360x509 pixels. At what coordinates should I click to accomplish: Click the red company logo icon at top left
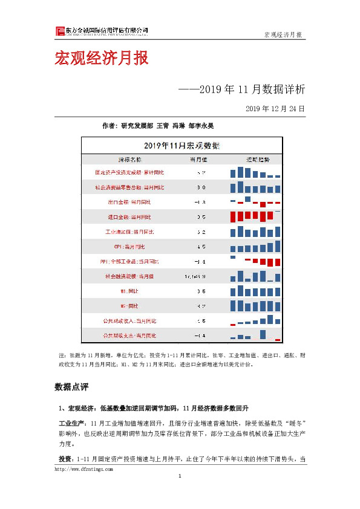click(x=59, y=31)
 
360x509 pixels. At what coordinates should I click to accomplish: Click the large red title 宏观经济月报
click(x=101, y=59)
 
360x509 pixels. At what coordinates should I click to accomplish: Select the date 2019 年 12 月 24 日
click(x=275, y=109)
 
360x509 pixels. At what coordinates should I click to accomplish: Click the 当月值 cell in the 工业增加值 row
click(x=202, y=232)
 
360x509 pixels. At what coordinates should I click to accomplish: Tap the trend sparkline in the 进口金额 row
click(x=255, y=216)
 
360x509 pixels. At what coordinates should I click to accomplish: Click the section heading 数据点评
click(x=71, y=386)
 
